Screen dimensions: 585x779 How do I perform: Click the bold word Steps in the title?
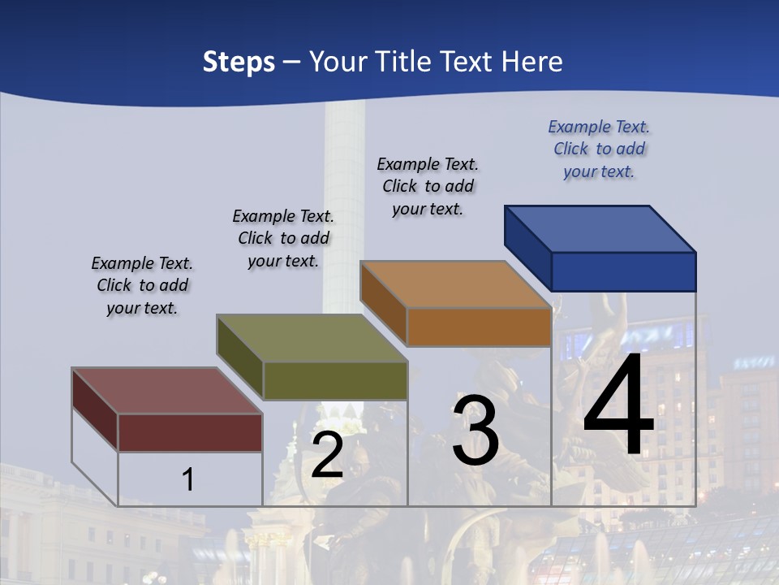pos(239,62)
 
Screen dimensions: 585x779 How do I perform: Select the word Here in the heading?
pos(532,62)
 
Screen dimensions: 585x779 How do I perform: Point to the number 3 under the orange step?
pos(476,430)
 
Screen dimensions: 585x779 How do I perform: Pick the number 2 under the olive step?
pos(327,455)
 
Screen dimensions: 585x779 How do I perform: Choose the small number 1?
pos(187,479)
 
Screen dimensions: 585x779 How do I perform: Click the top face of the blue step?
pos(600,228)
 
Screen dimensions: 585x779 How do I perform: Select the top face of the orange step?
pos(455,284)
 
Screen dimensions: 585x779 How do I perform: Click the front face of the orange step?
pos(479,327)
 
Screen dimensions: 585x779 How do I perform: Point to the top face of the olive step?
pos(312,338)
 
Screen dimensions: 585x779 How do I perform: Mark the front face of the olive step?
pos(335,380)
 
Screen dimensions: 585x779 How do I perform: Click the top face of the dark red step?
pos(166,391)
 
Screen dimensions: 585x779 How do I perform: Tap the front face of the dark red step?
pos(190,432)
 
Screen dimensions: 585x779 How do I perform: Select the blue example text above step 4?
pos(599,149)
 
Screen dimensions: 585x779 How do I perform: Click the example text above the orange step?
pos(428,186)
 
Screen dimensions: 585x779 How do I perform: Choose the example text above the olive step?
pos(283,238)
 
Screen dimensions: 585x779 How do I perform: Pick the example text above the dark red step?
pos(142,286)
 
